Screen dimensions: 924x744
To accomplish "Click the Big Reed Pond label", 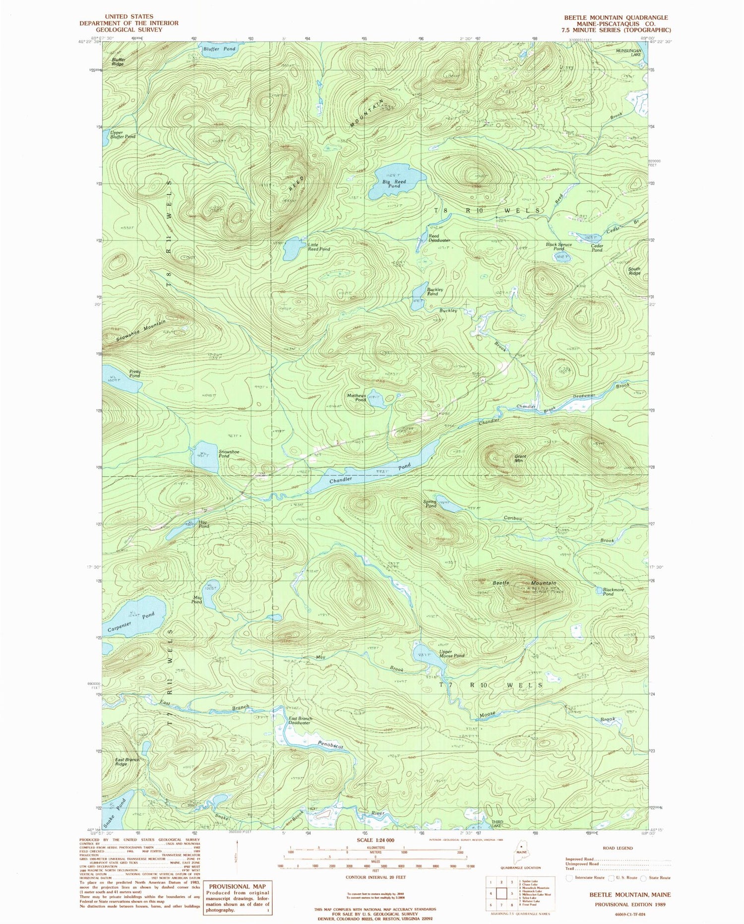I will click(394, 184).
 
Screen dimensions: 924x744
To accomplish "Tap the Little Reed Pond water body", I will click(292, 248).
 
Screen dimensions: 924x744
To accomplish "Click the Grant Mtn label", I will click(520, 458).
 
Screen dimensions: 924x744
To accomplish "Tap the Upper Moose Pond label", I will click(452, 653).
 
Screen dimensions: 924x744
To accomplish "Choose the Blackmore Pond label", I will click(613, 592).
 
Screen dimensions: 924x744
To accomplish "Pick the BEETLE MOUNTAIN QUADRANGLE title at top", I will click(616, 17).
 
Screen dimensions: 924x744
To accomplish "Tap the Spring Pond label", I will click(430, 503).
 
